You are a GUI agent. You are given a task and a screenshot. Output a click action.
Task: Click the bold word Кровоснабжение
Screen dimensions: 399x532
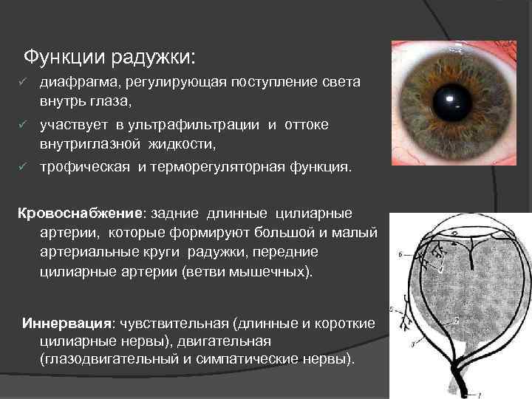[x=81, y=214]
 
